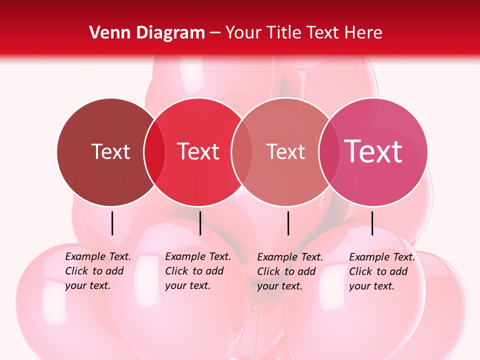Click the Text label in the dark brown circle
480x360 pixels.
(110, 151)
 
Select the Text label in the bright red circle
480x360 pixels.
(198, 151)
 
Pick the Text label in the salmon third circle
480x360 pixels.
(285, 151)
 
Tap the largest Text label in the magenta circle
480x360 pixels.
(373, 151)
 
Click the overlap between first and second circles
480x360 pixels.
(154, 152)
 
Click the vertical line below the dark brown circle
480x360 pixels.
(112, 223)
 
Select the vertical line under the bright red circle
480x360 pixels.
(200, 223)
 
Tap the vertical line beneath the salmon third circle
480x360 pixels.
(288, 223)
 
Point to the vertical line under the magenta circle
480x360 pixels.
(372, 223)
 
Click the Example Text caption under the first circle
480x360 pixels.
(97, 271)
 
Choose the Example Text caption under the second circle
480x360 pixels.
(197, 271)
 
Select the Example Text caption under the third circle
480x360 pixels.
(289, 271)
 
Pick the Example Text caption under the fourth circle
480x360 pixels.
(381, 271)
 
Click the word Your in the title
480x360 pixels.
(243, 33)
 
